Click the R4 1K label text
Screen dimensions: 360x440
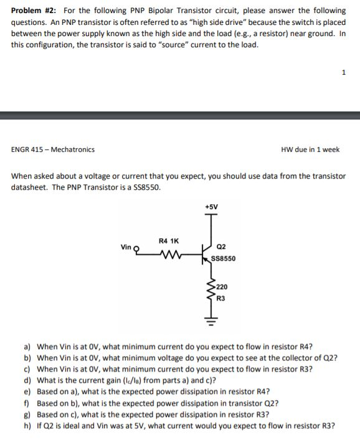(x=168, y=240)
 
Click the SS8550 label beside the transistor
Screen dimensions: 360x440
(x=222, y=258)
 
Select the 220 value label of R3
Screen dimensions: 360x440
(x=222, y=288)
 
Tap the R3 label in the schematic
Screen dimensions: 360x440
(x=221, y=298)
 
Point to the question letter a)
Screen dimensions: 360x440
(x=27, y=347)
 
